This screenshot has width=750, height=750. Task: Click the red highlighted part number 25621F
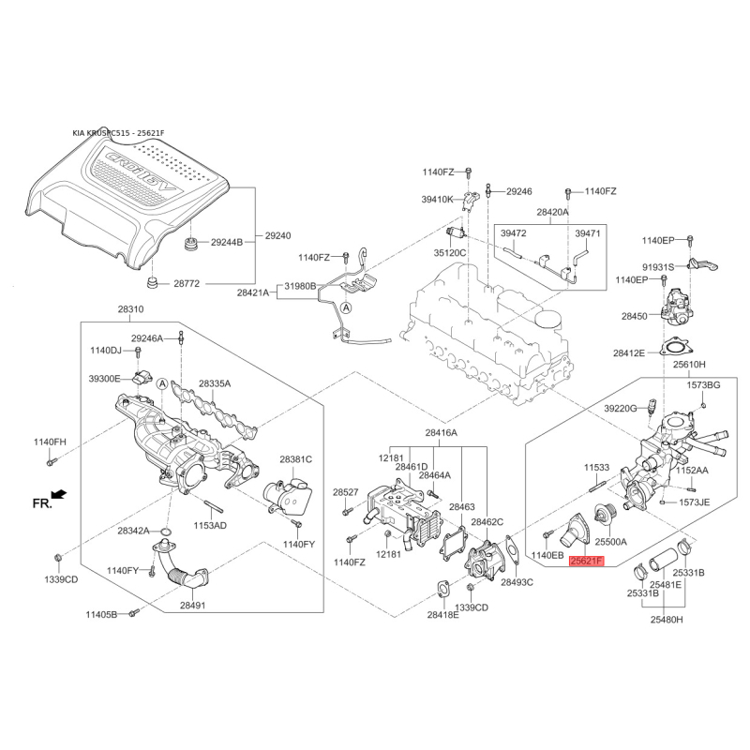(x=587, y=561)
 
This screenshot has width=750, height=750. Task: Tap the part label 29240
(x=277, y=236)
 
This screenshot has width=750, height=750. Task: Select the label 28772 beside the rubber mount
(x=187, y=284)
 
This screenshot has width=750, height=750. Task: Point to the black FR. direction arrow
(x=60, y=494)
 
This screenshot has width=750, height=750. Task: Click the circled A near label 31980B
(x=346, y=307)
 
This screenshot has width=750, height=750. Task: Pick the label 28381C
(x=295, y=459)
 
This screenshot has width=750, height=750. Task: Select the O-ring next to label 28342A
(x=165, y=532)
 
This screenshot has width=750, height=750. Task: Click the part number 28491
(x=193, y=605)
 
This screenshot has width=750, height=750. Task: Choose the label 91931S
(x=658, y=267)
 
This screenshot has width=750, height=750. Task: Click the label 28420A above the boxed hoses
(x=552, y=212)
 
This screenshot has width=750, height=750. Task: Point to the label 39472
(x=513, y=233)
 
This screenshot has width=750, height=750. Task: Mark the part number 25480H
(x=667, y=620)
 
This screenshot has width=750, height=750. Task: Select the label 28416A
(x=441, y=433)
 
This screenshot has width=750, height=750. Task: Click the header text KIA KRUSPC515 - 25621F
(x=118, y=133)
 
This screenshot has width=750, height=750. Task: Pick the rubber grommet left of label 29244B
(x=192, y=244)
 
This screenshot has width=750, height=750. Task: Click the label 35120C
(x=450, y=252)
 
